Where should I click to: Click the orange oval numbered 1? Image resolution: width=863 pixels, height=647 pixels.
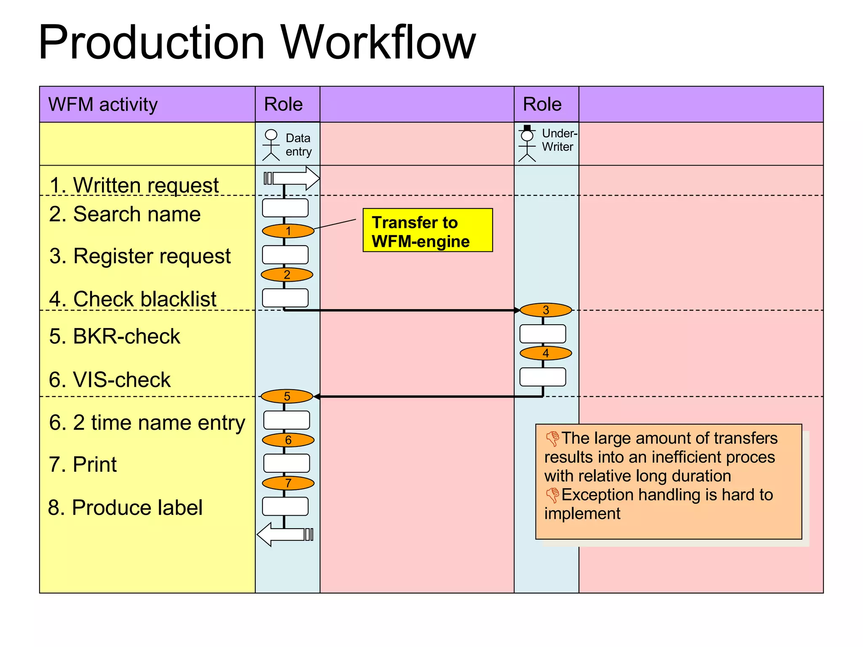pos(288,231)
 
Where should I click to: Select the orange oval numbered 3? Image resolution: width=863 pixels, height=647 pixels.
pos(545,310)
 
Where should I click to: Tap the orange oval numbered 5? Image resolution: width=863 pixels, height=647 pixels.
pos(287,396)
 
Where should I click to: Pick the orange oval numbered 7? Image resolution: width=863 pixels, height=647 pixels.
pos(288,483)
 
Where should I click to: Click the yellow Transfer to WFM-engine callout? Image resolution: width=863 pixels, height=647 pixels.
pos(427,230)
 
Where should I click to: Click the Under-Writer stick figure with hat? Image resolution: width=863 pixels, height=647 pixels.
pos(527,144)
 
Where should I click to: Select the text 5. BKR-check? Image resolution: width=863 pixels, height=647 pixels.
pos(114,337)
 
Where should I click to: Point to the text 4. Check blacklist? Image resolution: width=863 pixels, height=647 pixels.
pos(132,299)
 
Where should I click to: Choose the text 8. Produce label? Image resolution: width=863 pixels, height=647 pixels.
pos(125,508)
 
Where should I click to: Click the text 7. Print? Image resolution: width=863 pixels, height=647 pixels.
pos(83,465)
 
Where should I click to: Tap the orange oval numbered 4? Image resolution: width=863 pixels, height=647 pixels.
pos(545,353)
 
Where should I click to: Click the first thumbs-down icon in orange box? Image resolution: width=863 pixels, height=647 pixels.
pos(552,438)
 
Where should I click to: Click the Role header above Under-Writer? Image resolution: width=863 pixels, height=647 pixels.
pos(542,104)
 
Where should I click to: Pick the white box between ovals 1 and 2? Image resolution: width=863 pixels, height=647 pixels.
pos(285,255)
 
